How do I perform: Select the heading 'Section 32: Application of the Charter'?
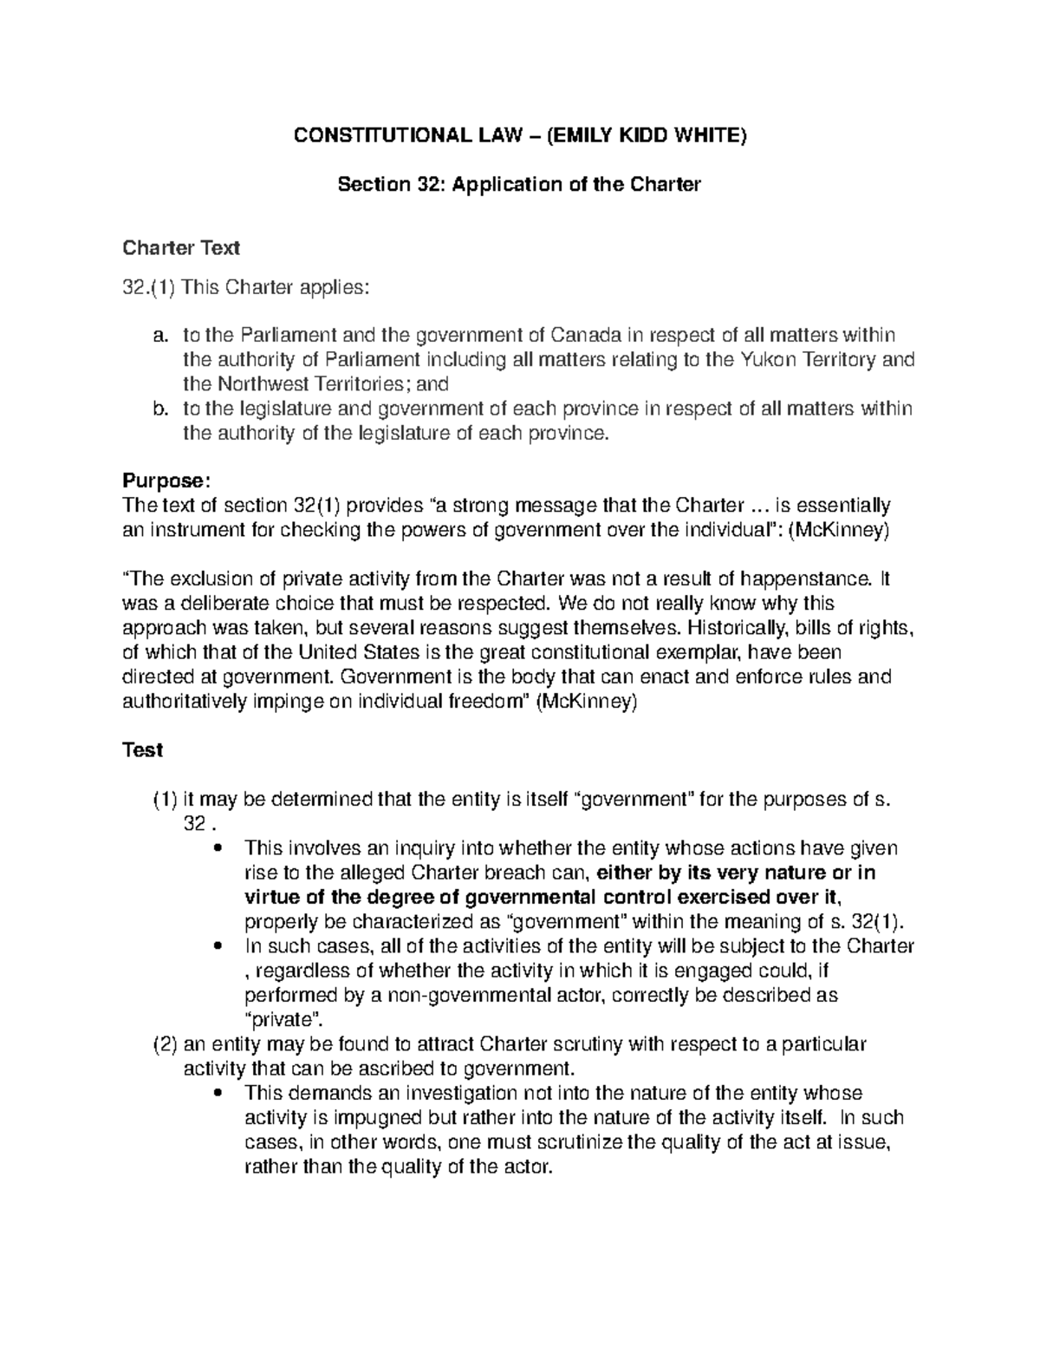(x=518, y=185)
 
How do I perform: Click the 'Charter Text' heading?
(x=180, y=248)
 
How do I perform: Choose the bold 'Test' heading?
(x=143, y=750)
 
